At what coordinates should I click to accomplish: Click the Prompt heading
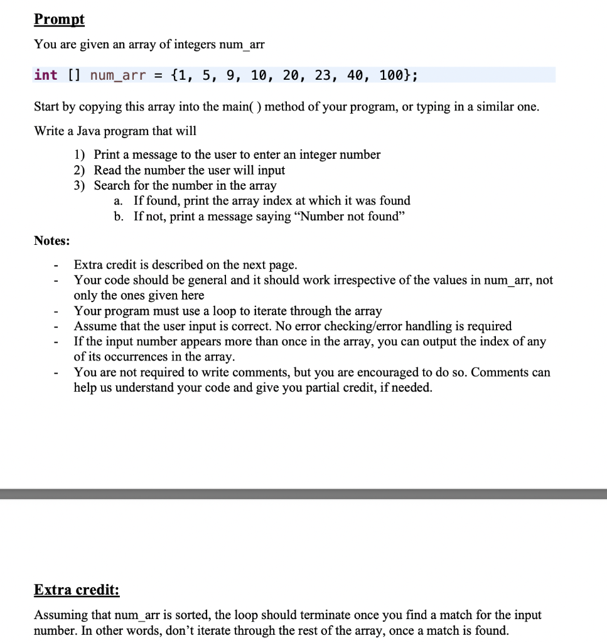(59, 19)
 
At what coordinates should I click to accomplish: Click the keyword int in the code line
(46, 75)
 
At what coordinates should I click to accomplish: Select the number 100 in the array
(392, 75)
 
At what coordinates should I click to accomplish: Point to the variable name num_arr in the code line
(117, 75)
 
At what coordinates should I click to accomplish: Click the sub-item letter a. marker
(119, 201)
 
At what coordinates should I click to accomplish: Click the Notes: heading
(52, 241)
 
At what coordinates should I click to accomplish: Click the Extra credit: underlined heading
(77, 590)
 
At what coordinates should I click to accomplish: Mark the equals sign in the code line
(158, 75)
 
